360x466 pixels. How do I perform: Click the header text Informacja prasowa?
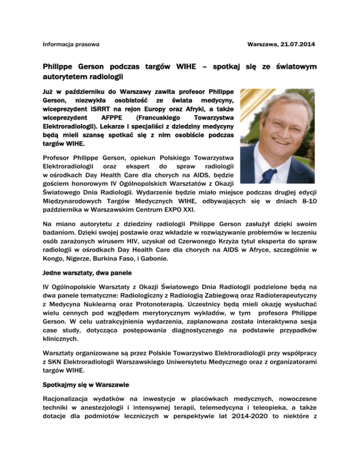70,44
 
